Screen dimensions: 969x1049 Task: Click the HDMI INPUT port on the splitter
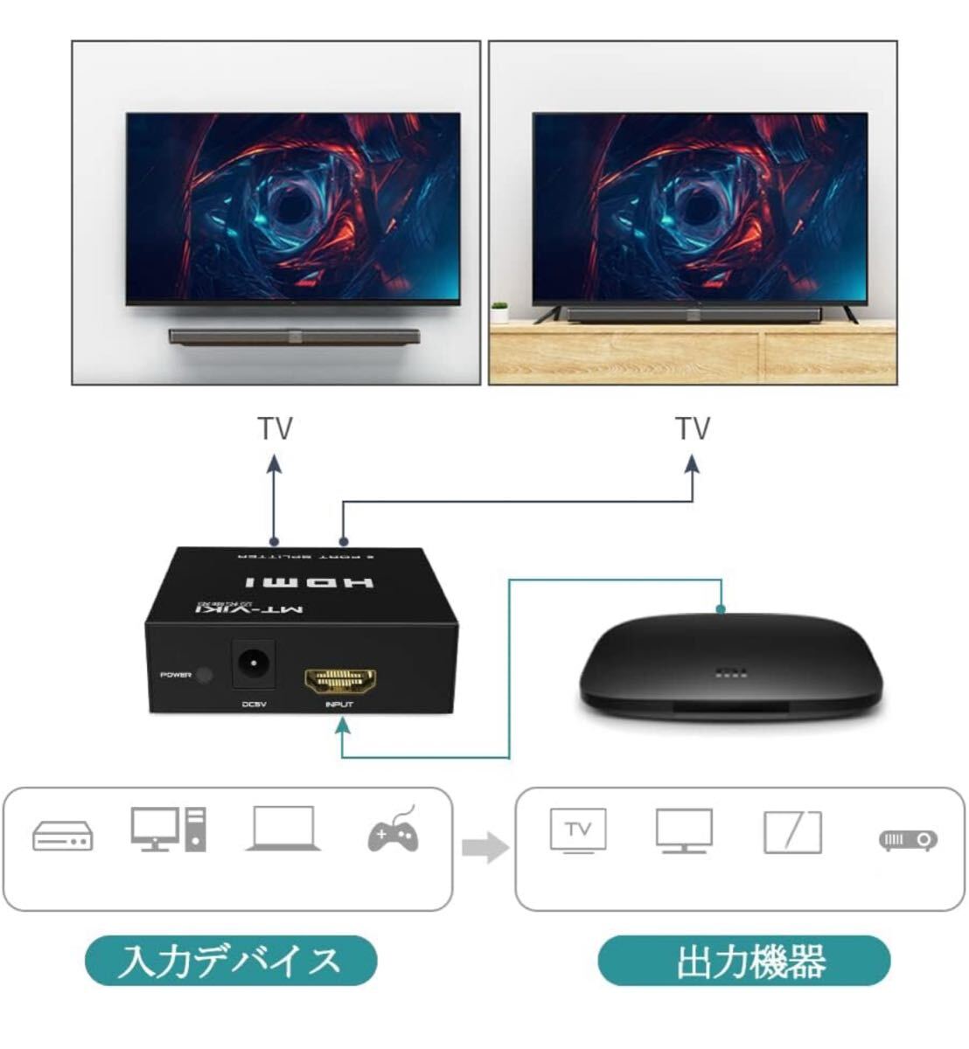pyautogui.click(x=339, y=680)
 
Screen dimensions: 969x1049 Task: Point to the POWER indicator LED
pyautogui.click(x=205, y=675)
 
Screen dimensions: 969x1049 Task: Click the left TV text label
pyautogui.click(x=275, y=429)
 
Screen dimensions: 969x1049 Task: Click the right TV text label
pyautogui.click(x=692, y=429)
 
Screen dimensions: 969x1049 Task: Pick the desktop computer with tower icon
pyautogui.click(x=170, y=829)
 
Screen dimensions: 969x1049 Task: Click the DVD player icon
pyautogui.click(x=62, y=836)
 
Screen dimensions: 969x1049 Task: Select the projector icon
pyautogui.click(x=907, y=840)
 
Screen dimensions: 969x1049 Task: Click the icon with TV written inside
pyautogui.click(x=577, y=830)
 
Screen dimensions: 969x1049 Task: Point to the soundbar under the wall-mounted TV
pyautogui.click(x=296, y=335)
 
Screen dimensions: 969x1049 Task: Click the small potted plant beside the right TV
pyautogui.click(x=500, y=312)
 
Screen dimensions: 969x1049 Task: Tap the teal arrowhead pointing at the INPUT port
pyautogui.click(x=344, y=725)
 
